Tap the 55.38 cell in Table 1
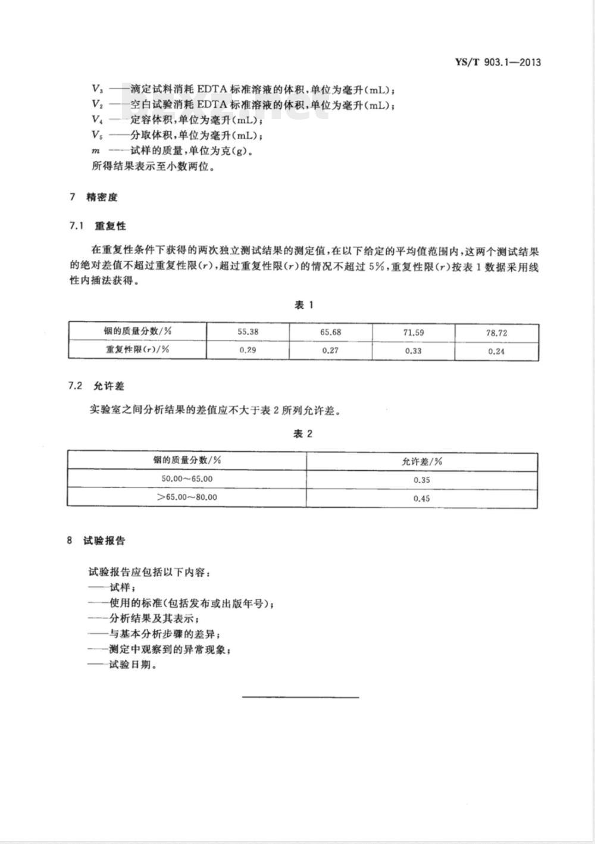coord(248,332)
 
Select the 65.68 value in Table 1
coord(330,332)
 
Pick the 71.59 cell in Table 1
coord(413,332)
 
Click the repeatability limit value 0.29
coord(248,350)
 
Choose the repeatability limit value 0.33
coord(413,351)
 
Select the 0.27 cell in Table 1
coord(330,350)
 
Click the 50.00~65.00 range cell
coord(187,479)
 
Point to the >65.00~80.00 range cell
coord(187,497)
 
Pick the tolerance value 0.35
coord(421,480)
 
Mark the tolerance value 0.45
coord(421,498)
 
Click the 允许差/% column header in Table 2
coord(421,461)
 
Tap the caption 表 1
coord(303,305)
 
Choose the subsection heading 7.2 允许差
coord(96,386)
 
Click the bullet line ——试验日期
coord(122,665)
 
